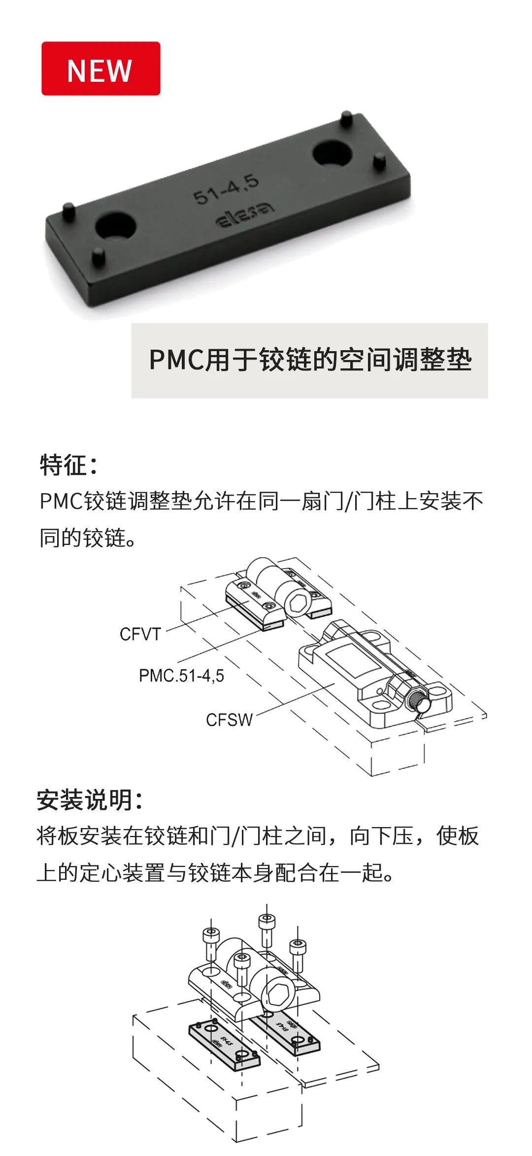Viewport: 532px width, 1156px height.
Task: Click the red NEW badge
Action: (x=100, y=69)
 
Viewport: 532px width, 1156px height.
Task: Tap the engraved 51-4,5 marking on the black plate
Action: (x=226, y=189)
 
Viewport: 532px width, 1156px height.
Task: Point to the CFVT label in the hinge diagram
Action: (x=140, y=634)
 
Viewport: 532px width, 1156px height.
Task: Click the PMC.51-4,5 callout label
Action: (x=181, y=676)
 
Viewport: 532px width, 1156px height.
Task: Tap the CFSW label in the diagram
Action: (x=229, y=720)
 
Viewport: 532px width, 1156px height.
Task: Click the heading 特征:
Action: (x=68, y=465)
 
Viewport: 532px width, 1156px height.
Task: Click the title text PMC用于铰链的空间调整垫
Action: (x=310, y=360)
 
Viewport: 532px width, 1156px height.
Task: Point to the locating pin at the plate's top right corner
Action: (x=346, y=118)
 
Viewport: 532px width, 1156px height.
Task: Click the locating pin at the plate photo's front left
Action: (x=99, y=256)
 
